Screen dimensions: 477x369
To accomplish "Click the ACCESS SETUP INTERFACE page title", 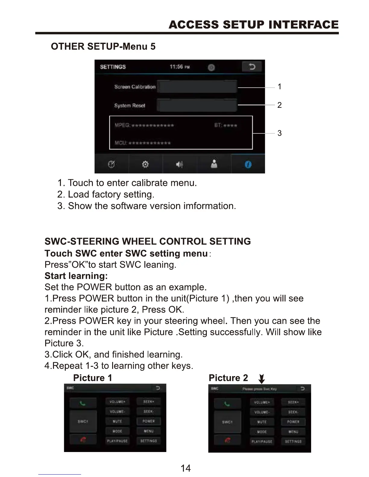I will (254, 24).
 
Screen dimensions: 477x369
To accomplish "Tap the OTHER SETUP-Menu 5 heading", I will (103, 46).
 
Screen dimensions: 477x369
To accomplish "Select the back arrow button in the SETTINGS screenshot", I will (252, 67).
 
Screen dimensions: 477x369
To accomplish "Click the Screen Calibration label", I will (135, 87).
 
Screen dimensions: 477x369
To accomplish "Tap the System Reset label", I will (130, 105).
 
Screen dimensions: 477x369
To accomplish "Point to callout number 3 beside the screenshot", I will (279, 133).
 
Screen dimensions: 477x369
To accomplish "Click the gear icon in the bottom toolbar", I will (145, 164).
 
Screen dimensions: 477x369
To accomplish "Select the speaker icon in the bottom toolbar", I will (179, 164).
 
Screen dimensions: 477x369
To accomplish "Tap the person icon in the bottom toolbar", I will (214, 164).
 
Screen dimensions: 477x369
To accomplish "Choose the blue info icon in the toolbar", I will (248, 164).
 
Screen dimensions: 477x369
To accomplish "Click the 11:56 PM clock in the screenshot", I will (180, 67).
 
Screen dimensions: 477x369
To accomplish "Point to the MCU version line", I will (143, 143).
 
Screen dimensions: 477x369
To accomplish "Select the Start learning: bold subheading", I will (76, 276).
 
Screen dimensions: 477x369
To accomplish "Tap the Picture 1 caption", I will (93, 378).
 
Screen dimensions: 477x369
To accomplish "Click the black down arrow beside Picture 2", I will (262, 379).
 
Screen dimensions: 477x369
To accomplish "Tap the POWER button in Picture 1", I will (149, 421).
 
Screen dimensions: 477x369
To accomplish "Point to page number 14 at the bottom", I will (185, 468).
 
